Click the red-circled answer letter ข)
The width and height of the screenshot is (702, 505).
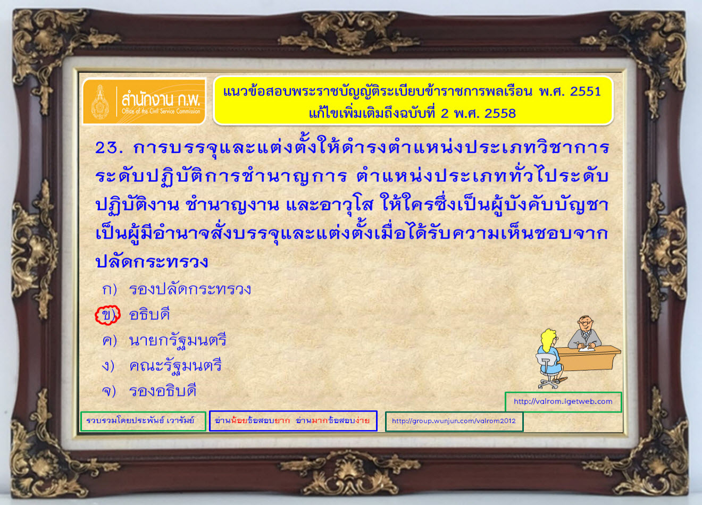(107, 315)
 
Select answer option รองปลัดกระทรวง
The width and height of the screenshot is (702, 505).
(190, 289)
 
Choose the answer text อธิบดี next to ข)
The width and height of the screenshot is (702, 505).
(149, 315)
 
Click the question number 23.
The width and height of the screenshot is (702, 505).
(108, 147)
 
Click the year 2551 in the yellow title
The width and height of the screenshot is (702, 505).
(585, 91)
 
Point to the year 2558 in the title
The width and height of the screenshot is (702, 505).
(500, 113)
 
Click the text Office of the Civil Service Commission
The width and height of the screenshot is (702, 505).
(161, 111)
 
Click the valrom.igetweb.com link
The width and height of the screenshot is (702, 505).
(563, 401)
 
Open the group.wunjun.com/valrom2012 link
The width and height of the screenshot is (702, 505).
(454, 421)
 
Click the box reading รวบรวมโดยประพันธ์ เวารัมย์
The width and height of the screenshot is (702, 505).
(143, 421)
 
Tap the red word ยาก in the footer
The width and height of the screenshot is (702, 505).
(282, 420)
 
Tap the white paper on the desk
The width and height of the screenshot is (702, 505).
(586, 348)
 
